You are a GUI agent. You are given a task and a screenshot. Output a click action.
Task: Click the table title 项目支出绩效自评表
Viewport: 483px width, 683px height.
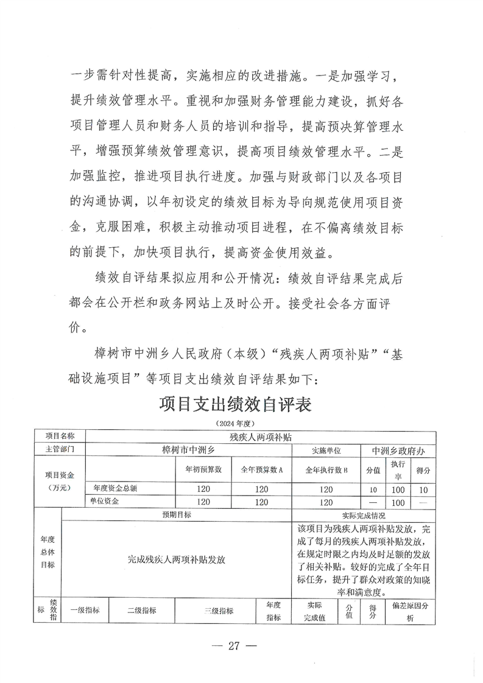pos(235,404)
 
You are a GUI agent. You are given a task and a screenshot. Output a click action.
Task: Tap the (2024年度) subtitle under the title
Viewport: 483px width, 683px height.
pos(235,422)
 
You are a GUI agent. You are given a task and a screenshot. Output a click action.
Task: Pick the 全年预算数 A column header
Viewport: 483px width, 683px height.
pos(263,470)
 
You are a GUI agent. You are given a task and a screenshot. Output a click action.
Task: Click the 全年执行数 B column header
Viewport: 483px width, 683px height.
pos(326,470)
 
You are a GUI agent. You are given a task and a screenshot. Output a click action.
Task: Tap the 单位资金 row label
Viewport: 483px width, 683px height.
pos(106,502)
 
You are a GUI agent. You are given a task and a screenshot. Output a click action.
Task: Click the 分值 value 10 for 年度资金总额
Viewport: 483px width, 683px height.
pos(373,489)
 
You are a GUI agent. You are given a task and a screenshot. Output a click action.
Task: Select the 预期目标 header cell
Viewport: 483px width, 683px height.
pos(176,515)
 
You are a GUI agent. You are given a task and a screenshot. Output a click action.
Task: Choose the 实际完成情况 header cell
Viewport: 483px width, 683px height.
pos(364,515)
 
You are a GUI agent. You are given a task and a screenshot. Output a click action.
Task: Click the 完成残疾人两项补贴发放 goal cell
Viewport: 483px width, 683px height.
pos(176,559)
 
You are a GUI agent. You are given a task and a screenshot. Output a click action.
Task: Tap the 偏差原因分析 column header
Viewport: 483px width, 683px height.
pos(411,612)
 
